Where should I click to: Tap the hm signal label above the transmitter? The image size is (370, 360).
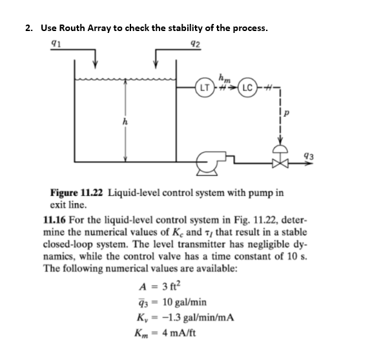[225, 76]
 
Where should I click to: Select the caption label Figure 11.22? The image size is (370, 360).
[77, 193]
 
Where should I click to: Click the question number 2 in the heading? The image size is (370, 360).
[28, 28]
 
